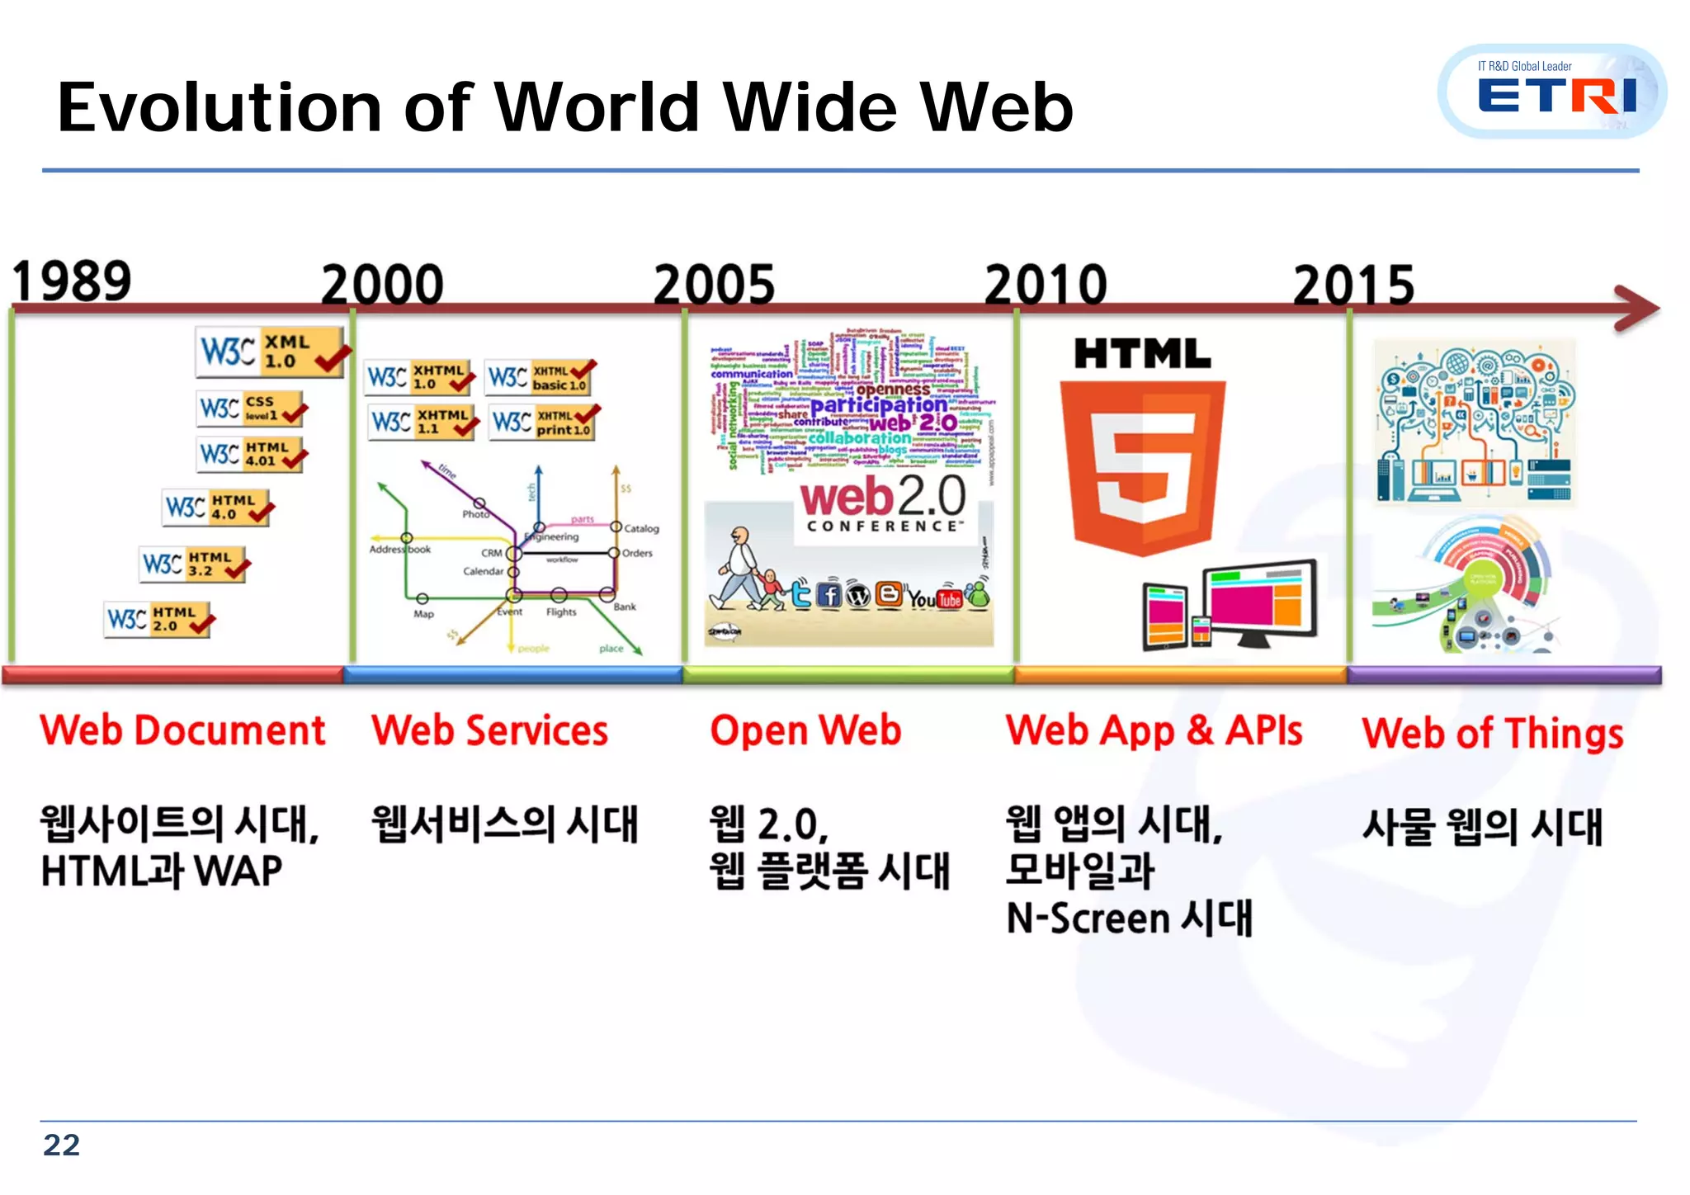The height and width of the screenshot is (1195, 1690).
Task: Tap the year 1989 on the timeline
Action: pyautogui.click(x=72, y=281)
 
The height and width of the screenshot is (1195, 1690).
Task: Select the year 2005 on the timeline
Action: pyautogui.click(x=714, y=285)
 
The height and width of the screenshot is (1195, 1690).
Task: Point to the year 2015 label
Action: pyautogui.click(x=1353, y=286)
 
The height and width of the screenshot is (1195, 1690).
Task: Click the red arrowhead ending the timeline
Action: pyautogui.click(x=1638, y=309)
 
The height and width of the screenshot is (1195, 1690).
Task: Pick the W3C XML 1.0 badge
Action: pyautogui.click(x=271, y=351)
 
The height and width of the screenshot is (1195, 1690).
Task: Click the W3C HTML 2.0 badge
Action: pyautogui.click(x=159, y=619)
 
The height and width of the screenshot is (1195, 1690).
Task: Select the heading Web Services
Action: pyautogui.click(x=489, y=731)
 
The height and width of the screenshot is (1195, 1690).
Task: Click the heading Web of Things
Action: pyautogui.click(x=1492, y=734)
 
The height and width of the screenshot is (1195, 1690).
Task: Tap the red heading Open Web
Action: pyautogui.click(x=805, y=731)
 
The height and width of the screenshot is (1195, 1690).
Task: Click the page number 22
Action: pyautogui.click(x=62, y=1145)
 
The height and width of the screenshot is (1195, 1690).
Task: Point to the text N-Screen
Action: pyautogui.click(x=1088, y=919)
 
